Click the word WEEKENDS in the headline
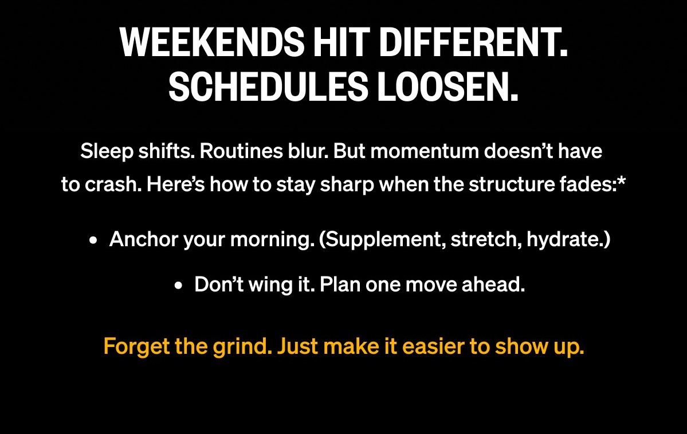tap(211, 42)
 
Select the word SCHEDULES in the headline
tap(268, 86)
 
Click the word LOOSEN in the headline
tap(443, 86)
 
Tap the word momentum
tap(425, 152)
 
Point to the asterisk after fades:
tap(621, 180)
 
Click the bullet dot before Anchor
tap(92, 240)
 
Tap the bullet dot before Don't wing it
tap(178, 286)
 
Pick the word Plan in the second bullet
tap(340, 285)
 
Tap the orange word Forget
tap(137, 347)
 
